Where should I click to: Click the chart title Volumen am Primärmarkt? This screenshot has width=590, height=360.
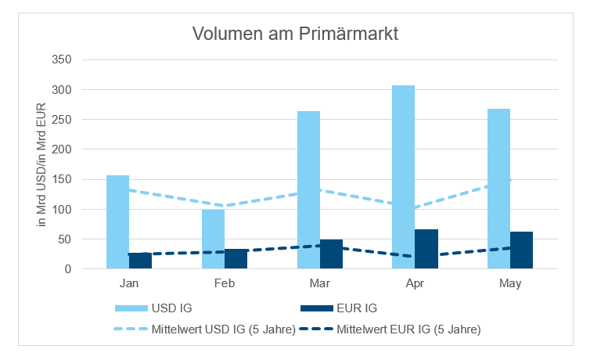coord(296,34)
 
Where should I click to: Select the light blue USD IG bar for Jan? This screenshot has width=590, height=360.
coord(118,221)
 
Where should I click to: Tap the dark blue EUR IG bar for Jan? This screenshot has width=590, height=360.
coord(140,261)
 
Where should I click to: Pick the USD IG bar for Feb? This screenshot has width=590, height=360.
coord(213,239)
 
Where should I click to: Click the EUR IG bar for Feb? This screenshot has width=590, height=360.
coord(236,259)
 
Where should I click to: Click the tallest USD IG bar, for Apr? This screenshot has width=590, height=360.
coord(403,177)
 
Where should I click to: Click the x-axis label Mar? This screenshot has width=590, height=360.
coord(319,283)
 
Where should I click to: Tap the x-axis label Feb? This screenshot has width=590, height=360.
coord(225,283)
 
